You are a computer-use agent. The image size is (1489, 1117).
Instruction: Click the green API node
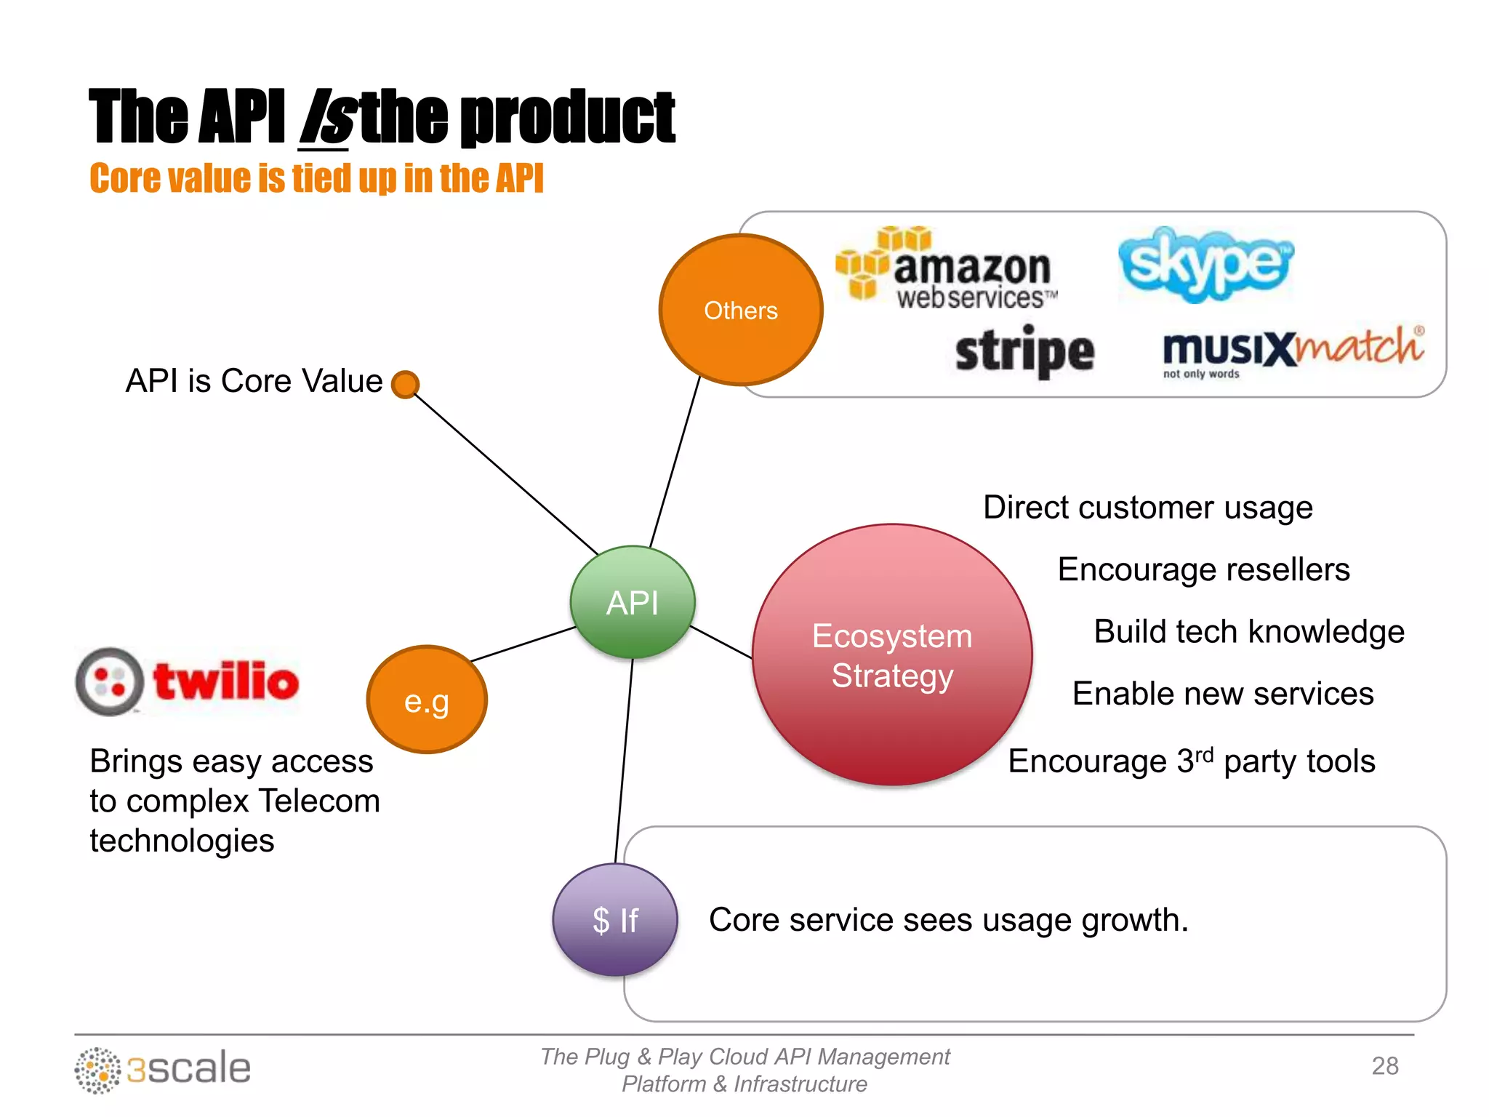[x=633, y=602]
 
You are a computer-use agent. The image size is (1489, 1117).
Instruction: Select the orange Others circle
[x=740, y=310]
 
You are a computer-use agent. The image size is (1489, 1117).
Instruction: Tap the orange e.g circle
[x=427, y=700]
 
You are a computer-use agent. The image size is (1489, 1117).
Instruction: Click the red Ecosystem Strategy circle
[x=892, y=654]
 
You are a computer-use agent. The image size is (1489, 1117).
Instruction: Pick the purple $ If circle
[x=615, y=920]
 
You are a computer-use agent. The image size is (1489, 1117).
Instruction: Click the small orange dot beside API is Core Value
[x=405, y=384]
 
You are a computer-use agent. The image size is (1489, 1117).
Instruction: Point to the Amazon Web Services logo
[x=945, y=269]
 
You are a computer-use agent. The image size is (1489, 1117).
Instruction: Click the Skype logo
[x=1205, y=264]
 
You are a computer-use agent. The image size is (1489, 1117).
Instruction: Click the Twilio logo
[x=188, y=681]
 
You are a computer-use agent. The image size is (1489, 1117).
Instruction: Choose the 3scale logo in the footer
[x=163, y=1069]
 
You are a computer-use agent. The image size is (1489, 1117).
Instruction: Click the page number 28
[x=1384, y=1066]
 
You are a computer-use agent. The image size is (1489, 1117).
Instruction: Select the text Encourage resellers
[x=1203, y=569]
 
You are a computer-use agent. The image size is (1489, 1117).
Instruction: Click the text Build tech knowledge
[x=1248, y=631]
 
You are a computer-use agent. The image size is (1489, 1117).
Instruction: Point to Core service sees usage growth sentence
[x=948, y=920]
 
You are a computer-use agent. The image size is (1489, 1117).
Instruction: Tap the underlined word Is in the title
[x=326, y=118]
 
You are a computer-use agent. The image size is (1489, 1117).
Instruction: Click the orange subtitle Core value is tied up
[x=316, y=178]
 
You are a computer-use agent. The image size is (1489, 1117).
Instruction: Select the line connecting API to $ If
[x=625, y=760]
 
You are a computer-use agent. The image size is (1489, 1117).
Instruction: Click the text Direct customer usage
[x=1147, y=508]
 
